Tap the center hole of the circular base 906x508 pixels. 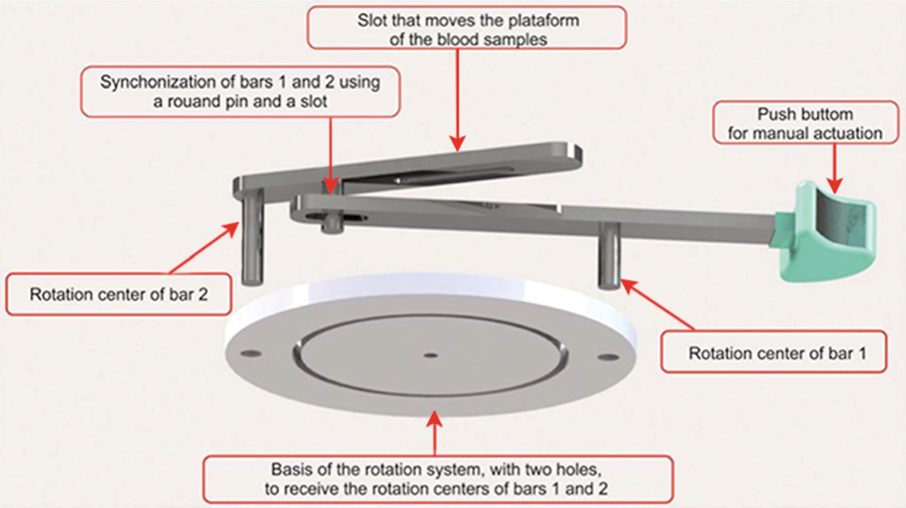pyautogui.click(x=430, y=354)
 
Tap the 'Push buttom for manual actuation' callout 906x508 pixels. pyautogui.click(x=805, y=124)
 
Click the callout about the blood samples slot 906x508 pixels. pyautogui.click(x=466, y=29)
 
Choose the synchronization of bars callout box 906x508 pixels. pyautogui.click(x=241, y=91)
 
